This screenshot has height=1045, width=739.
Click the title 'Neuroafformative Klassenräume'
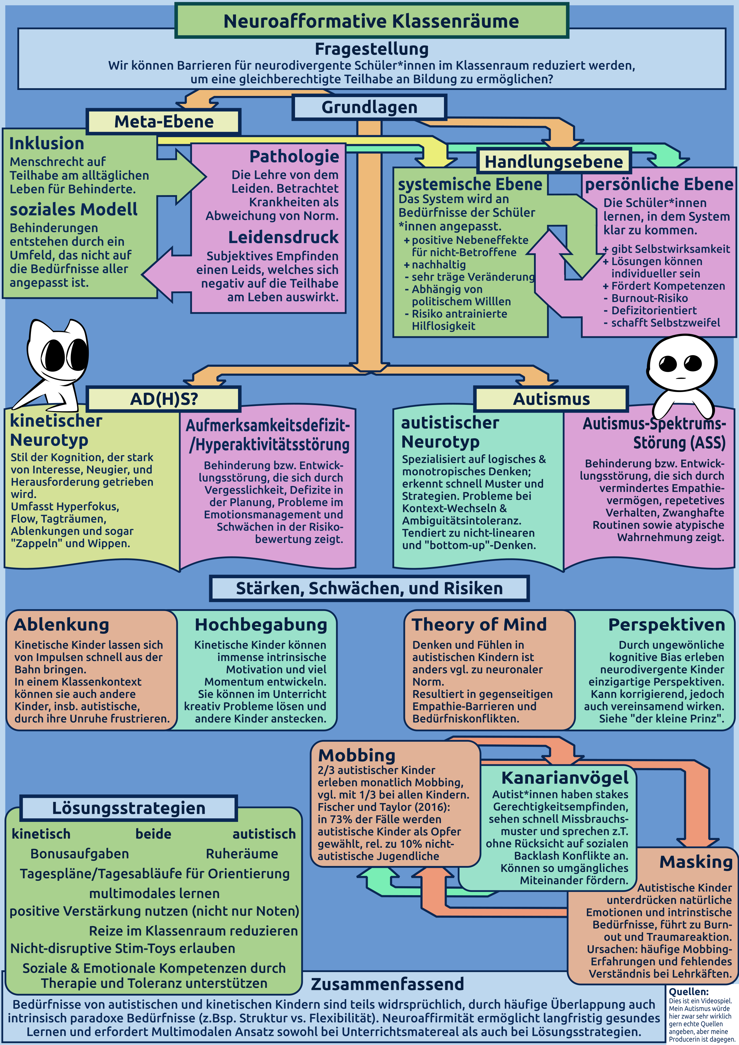tap(371, 21)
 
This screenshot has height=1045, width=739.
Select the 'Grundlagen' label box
tap(369, 108)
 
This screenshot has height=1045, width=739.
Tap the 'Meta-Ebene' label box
tap(164, 122)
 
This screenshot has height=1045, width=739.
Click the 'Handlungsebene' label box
tap(553, 161)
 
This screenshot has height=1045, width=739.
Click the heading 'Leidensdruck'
tap(283, 237)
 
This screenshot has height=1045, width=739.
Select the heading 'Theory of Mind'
tap(479, 624)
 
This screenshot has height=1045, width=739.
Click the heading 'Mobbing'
tap(356, 755)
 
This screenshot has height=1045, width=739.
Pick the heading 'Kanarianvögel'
tap(565, 778)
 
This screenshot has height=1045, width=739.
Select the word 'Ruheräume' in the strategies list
tap(242, 854)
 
